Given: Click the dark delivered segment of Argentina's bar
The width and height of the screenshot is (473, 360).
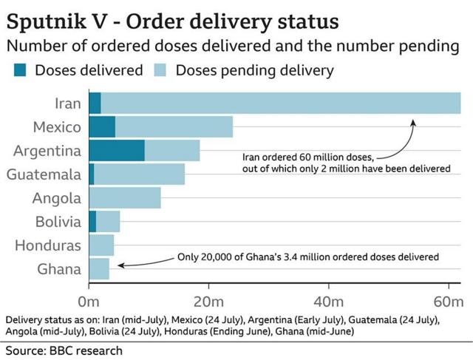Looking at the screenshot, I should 116,150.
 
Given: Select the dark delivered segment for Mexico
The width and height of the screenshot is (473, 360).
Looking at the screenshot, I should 102,126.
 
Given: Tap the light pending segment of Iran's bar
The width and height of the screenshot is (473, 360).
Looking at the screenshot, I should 281,103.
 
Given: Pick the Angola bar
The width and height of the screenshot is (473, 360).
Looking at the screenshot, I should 124,197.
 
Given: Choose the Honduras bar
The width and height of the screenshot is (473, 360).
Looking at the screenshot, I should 101,245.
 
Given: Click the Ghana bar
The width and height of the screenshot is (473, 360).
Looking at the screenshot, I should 99,268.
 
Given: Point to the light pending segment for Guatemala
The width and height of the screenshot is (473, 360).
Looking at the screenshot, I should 139,174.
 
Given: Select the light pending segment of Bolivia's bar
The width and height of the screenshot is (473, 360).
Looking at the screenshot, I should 108,221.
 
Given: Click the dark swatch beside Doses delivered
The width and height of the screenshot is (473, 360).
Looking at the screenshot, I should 18,70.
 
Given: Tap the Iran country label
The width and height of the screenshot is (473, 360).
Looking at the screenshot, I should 68,103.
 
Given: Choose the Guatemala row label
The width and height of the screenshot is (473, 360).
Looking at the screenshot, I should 44,174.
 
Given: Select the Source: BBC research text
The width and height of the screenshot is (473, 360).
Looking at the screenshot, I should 55,348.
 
